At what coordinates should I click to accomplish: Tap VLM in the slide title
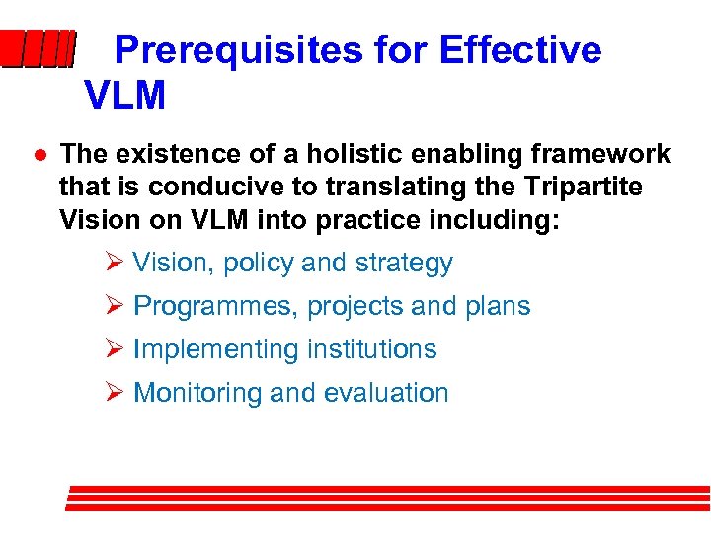pyautogui.click(x=125, y=96)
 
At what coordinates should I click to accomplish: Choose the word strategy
pyautogui.click(x=403, y=264)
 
